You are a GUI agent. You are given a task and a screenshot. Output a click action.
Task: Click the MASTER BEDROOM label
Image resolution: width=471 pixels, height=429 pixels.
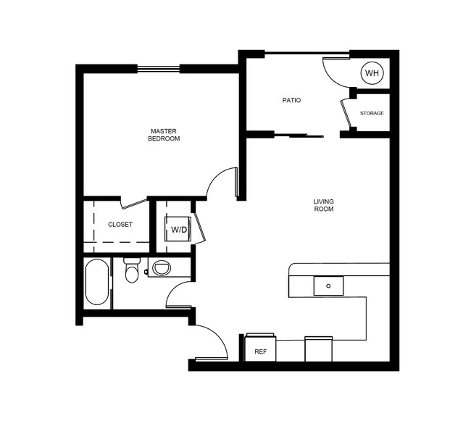pyautogui.click(x=164, y=134)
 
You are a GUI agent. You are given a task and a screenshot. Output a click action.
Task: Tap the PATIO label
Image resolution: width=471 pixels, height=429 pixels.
pyautogui.click(x=291, y=100)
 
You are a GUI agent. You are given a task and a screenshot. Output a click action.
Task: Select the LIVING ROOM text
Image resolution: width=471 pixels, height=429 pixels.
pyautogui.click(x=323, y=205)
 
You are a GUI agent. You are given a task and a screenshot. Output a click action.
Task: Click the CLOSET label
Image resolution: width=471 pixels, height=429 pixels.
pyautogui.click(x=120, y=225)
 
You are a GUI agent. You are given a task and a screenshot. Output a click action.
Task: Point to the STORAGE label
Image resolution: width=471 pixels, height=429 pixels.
pyautogui.click(x=372, y=114)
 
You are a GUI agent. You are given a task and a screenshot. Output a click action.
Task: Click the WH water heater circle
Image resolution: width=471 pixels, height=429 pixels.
pyautogui.click(x=372, y=73)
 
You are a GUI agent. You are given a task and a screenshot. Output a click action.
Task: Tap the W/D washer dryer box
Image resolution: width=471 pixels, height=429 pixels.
pyautogui.click(x=178, y=230)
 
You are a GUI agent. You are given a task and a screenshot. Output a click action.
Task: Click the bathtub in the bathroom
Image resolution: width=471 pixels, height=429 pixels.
pyautogui.click(x=97, y=283)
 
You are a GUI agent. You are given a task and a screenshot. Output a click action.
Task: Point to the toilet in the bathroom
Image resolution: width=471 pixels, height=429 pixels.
pyautogui.click(x=131, y=270)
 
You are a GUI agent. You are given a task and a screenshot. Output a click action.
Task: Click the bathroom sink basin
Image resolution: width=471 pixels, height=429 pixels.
pyautogui.click(x=161, y=269)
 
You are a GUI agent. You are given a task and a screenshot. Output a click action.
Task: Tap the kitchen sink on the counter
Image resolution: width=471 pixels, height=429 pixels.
pyautogui.click(x=328, y=286)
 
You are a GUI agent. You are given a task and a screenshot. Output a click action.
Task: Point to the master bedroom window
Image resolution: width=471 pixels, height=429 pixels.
pyautogui.click(x=158, y=69)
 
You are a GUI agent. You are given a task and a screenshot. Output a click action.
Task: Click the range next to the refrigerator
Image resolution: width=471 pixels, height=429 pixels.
pyautogui.click(x=317, y=349)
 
